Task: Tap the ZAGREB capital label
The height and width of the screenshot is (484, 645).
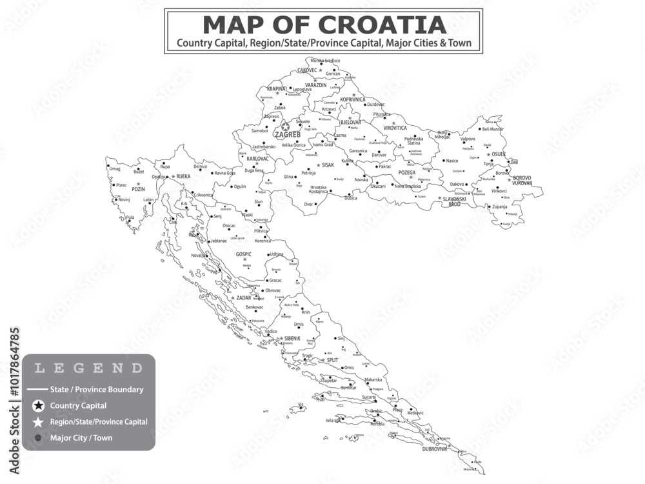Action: tap(287, 135)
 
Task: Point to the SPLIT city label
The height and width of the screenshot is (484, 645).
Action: tap(332, 360)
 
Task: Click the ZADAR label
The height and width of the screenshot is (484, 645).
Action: tap(244, 298)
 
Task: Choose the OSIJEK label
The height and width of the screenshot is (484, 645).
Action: tap(499, 155)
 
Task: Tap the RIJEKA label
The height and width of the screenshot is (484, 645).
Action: tap(183, 176)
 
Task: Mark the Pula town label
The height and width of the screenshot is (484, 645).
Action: tap(130, 217)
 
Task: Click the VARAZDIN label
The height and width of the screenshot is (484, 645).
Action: tap(316, 85)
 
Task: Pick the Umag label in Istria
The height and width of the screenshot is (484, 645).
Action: tap(115, 168)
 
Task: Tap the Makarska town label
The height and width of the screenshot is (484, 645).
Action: tap(373, 379)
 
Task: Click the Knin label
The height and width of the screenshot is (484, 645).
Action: tap(306, 312)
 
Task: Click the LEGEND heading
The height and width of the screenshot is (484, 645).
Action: tap(88, 368)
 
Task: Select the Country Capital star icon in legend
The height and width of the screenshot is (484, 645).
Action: tap(39, 406)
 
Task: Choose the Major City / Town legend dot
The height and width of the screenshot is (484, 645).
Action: tap(38, 438)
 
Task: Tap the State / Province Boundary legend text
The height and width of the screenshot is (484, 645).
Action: tap(97, 389)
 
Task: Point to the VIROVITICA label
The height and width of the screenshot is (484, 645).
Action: tap(395, 128)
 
